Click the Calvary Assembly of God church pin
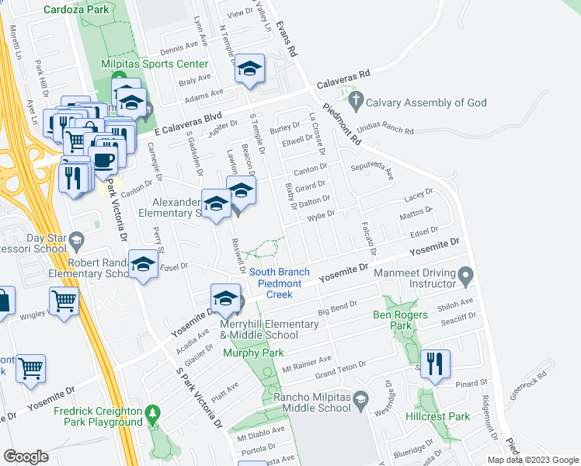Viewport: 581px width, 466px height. pyautogui.click(x=356, y=100)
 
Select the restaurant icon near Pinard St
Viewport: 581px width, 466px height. pyautogui.click(x=435, y=363)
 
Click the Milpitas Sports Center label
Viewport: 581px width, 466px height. pyautogui.click(x=155, y=64)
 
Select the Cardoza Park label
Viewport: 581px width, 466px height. pyautogui.click(x=77, y=10)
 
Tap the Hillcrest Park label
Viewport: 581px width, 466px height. pyautogui.click(x=437, y=416)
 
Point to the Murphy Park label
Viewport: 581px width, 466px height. pyautogui.click(x=253, y=353)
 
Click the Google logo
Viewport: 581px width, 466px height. pyautogui.click(x=26, y=457)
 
